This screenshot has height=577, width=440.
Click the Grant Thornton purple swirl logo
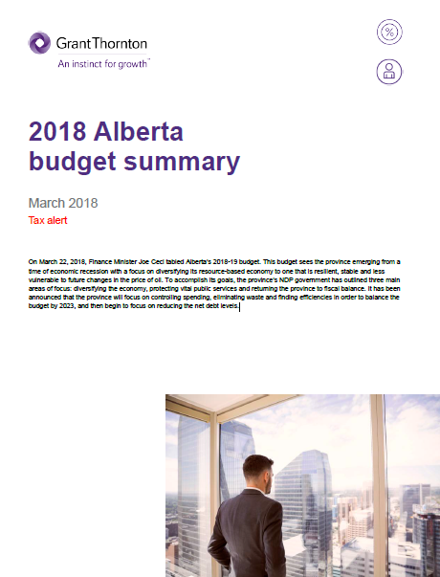pos(41,43)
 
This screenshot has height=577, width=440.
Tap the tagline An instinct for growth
pos(103,64)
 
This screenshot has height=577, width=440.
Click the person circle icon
pos(389,72)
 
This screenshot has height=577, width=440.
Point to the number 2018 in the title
pos(60,130)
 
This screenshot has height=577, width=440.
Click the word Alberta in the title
pos(146,130)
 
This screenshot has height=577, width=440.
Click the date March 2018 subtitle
pos(63,203)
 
